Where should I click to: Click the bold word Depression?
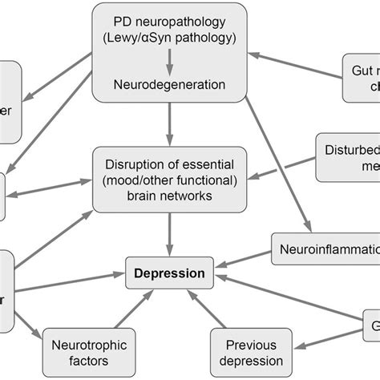coord(170,273)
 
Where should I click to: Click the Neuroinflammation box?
coord(325,249)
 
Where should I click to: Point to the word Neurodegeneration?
coord(168,83)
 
